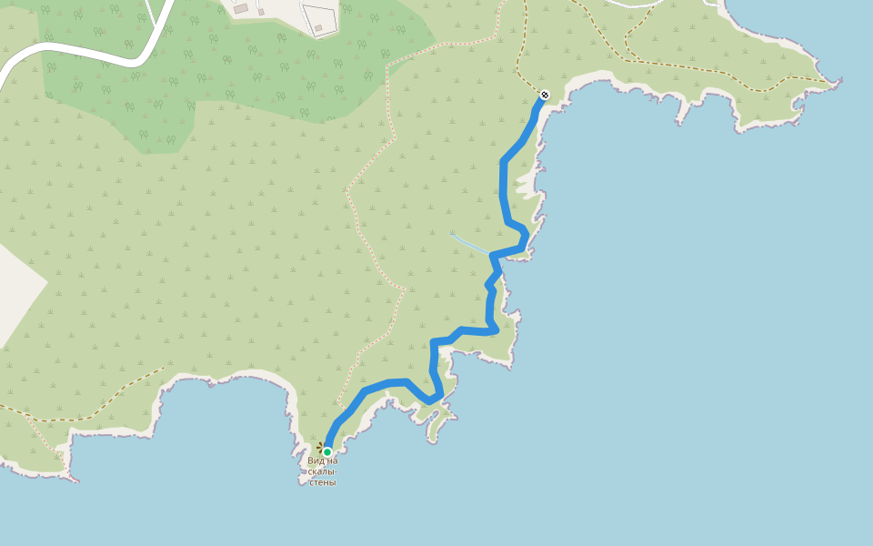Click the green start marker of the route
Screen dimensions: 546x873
coord(327,451)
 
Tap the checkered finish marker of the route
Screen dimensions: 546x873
coord(545,95)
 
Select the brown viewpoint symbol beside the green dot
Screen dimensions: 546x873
coord(320,446)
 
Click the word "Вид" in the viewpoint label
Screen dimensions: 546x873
coord(316,460)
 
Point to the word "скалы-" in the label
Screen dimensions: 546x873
coord(323,471)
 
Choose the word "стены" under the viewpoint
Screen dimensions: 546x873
coord(323,482)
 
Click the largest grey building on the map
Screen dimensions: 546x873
coord(241,8)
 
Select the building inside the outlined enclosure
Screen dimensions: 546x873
coord(318,28)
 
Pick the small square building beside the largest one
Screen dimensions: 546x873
coord(261,12)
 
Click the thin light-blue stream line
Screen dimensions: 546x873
coord(468,241)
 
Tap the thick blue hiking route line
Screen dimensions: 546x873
coord(503,191)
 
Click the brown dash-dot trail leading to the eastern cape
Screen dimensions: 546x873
coord(727,68)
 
